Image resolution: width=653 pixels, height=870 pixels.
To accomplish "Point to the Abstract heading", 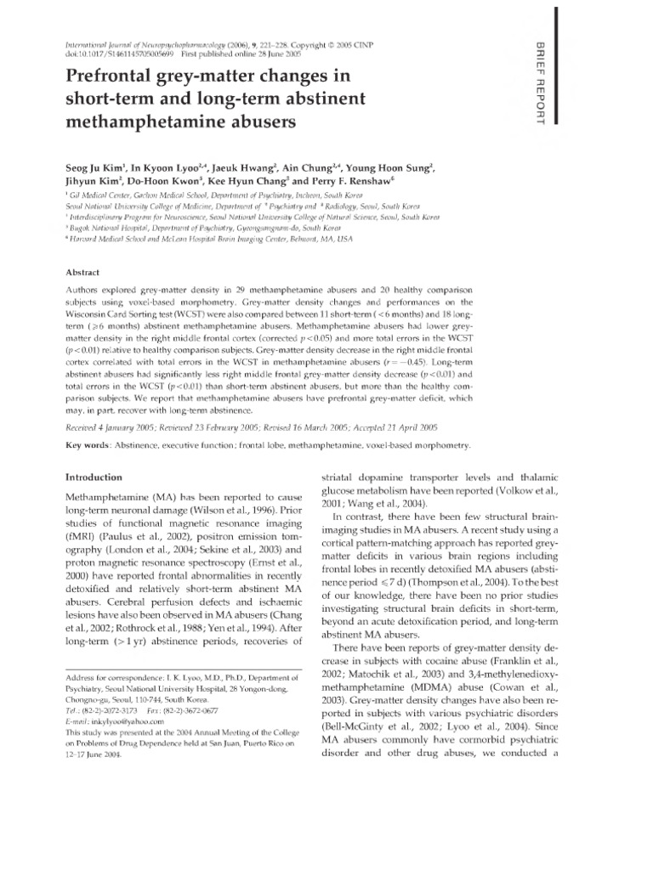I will pos(83,272).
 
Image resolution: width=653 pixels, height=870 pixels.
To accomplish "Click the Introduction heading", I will pos(97,477).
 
